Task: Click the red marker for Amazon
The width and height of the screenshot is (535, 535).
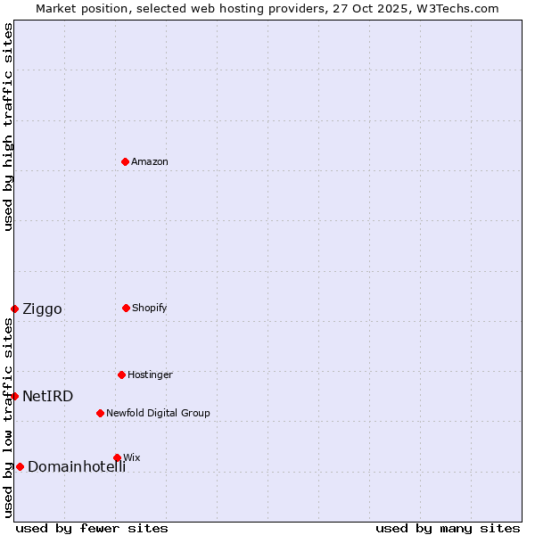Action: pyautogui.click(x=125, y=161)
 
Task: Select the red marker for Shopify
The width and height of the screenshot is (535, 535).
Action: pyautogui.click(x=126, y=308)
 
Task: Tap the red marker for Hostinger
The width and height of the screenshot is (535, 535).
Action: pyautogui.click(x=121, y=374)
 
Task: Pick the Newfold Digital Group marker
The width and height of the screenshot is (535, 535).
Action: pyautogui.click(x=100, y=413)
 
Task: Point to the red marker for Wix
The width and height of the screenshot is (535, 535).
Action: pyautogui.click(x=117, y=457)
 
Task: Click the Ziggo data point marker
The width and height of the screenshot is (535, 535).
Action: pyautogui.click(x=14, y=309)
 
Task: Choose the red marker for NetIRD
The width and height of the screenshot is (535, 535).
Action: pyautogui.click(x=14, y=396)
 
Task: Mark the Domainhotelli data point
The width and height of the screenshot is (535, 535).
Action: pyautogui.click(x=20, y=466)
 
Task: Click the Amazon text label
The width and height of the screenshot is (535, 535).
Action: pyautogui.click(x=150, y=161)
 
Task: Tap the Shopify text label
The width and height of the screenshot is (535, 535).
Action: pyautogui.click(x=150, y=308)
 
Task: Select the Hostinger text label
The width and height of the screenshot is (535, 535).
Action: pyautogui.click(x=150, y=374)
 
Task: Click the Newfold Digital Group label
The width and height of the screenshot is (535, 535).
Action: pyautogui.click(x=158, y=413)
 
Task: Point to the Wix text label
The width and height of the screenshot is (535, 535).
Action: pyautogui.click(x=132, y=457)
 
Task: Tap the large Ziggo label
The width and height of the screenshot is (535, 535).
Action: pyautogui.click(x=42, y=309)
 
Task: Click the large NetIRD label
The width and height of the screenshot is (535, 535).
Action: pyautogui.click(x=47, y=397)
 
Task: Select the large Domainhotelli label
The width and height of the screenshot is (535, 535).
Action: pyautogui.click(x=77, y=467)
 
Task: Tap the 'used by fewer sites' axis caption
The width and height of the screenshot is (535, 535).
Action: pyautogui.click(x=92, y=528)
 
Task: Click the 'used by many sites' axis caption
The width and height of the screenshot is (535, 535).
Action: pyautogui.click(x=448, y=528)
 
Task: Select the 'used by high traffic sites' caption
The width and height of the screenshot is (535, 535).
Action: pyautogui.click(x=8, y=127)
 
